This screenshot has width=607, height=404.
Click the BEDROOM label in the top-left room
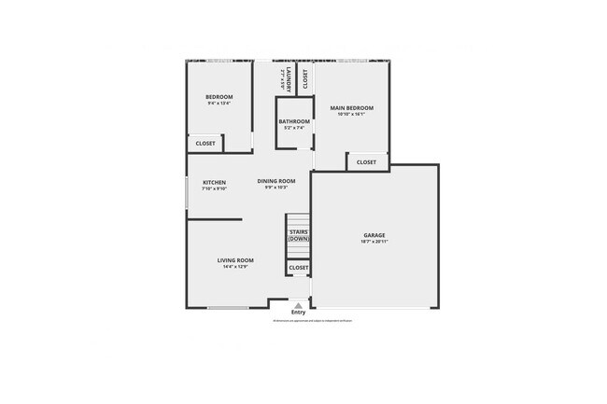[219, 97]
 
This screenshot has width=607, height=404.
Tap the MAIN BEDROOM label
[351, 108]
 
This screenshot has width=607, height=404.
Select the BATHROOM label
[294, 122]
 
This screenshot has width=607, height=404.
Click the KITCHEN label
[215, 182]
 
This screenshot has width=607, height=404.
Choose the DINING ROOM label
[276, 181]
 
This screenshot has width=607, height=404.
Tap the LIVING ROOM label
[235, 260]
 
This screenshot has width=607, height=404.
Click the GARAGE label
[374, 235]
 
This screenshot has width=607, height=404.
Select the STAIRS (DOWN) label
[298, 235]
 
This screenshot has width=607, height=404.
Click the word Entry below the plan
[298, 313]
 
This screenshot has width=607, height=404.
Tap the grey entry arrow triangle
[298, 304]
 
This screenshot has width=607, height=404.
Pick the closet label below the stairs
[298, 268]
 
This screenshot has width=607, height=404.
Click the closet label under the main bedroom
[366, 162]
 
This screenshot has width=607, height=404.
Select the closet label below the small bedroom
[205, 144]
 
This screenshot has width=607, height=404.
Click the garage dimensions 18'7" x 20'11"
[374, 242]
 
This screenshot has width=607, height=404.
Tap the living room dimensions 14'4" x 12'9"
[235, 267]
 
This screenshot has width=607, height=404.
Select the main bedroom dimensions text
[351, 115]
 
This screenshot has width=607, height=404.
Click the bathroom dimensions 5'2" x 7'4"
[294, 129]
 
